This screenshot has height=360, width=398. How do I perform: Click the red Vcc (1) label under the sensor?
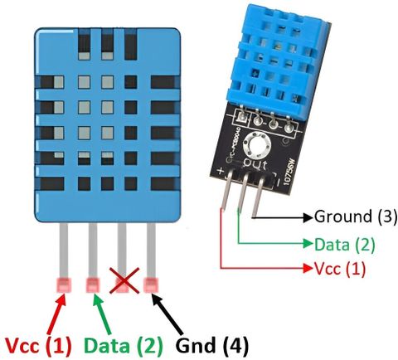38,345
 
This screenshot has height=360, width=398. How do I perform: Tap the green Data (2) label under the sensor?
124,345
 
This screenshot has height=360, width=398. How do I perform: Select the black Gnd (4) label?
212,345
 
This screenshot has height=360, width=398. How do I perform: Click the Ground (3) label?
356,216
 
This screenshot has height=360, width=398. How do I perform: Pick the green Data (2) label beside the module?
345,245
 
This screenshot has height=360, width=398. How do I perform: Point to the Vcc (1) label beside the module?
340,269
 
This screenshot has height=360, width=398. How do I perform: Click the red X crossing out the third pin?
124,280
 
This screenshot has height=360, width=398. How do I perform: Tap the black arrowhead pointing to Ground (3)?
308,217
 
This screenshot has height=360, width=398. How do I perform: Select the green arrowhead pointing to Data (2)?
308,243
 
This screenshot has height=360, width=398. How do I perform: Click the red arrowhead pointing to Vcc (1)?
308,268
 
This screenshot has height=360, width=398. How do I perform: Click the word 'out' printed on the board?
255,165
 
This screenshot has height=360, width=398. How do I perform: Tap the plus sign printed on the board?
221,171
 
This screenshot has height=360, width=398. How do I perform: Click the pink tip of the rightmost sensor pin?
151,285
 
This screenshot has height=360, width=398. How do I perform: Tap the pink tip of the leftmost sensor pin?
64,285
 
